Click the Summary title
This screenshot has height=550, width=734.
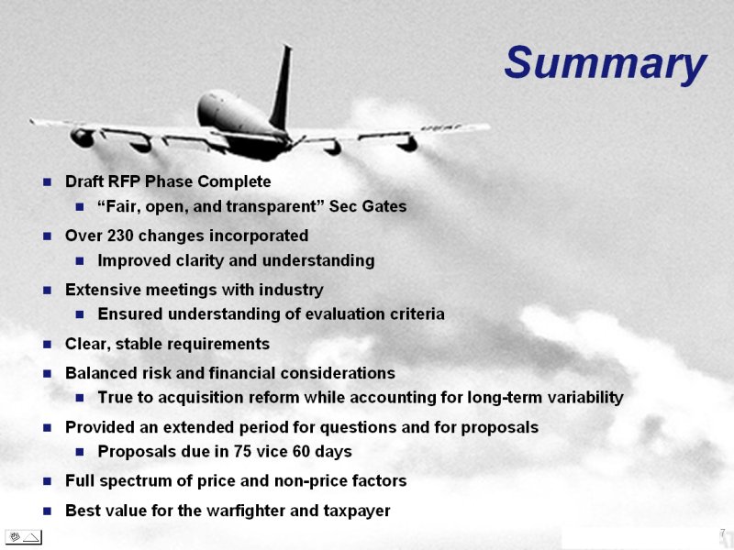tap(606, 64)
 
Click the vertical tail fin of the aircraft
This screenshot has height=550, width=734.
tap(282, 88)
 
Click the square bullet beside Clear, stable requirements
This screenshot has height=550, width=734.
tap(47, 345)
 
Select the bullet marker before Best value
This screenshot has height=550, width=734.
tap(47, 511)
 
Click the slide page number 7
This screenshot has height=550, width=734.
tap(723, 533)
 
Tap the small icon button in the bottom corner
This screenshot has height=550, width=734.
tap(23, 537)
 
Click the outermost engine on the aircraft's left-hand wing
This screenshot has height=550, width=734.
tap(83, 137)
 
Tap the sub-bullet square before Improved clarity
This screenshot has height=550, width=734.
tap(80, 261)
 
